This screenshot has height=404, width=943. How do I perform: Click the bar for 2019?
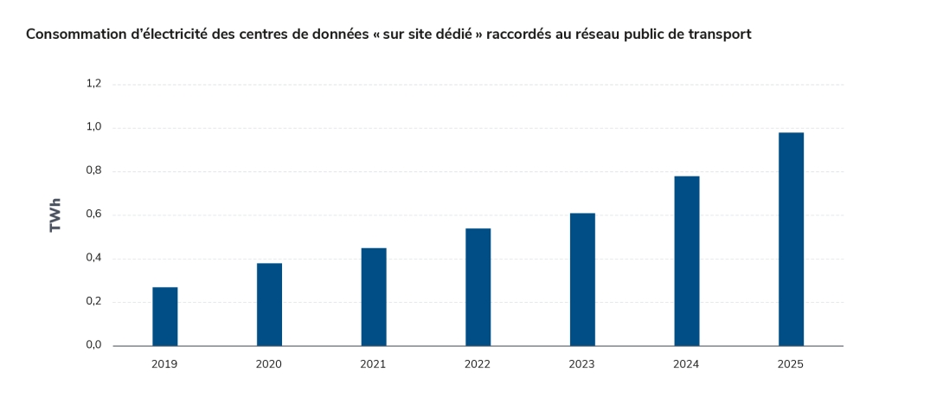(164, 317)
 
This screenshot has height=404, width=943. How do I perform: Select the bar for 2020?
(269, 305)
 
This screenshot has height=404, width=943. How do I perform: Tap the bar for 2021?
(374, 297)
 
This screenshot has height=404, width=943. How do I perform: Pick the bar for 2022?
(478, 287)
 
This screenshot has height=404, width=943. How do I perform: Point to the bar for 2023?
(582, 279)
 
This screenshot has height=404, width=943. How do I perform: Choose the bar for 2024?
(686, 261)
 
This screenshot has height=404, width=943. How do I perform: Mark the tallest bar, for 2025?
(791, 240)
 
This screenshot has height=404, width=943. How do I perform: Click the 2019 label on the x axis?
(164, 364)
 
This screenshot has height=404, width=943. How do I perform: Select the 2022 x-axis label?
(478, 364)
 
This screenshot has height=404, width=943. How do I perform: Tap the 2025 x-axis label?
(791, 364)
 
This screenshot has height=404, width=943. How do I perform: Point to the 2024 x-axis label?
(686, 364)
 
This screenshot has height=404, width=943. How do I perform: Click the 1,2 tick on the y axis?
(93, 84)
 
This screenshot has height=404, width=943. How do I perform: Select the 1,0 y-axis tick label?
(93, 127)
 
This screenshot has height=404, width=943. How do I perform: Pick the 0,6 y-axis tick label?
(93, 215)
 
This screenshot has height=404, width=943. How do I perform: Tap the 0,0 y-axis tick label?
(93, 345)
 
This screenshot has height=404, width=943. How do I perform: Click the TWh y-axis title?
(56, 215)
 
